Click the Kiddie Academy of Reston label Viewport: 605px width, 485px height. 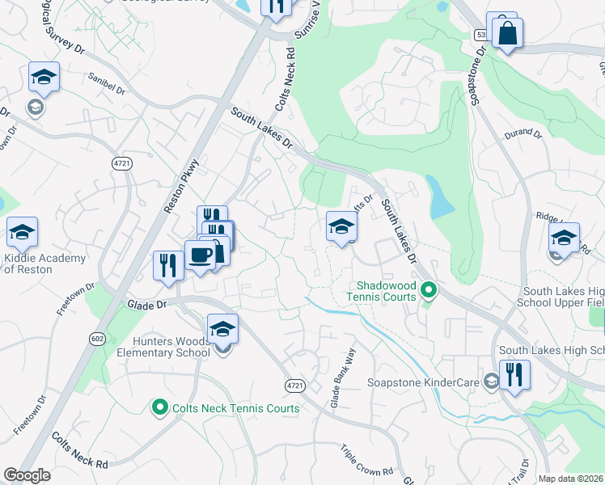44,264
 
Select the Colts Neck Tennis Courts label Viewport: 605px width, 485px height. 235,408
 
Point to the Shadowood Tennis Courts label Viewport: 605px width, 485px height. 387,291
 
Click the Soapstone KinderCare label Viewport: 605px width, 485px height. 424,382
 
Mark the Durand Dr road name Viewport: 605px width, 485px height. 522,133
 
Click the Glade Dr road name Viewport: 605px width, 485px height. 146,304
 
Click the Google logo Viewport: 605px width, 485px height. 27,475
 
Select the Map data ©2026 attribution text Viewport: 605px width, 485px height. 570,479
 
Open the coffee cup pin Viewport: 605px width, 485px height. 200,255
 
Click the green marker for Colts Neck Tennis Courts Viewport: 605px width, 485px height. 160,408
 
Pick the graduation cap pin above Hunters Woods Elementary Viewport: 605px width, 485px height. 222,330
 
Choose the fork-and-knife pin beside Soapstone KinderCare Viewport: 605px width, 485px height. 514,375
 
